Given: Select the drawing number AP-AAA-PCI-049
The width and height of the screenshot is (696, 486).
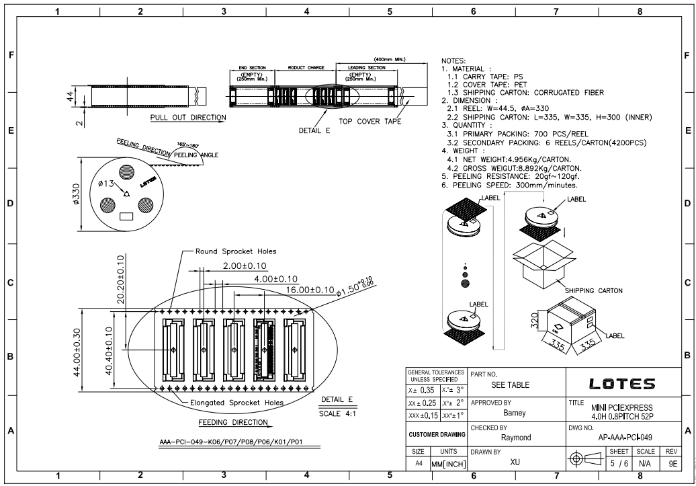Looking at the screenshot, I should coord(626,435).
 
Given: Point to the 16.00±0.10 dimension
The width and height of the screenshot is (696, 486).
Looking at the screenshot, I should coord(310,290).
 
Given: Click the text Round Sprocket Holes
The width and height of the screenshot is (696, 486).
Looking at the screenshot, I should coord(235,251).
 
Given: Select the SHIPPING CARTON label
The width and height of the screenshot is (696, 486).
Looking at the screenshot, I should coord(593,291).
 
